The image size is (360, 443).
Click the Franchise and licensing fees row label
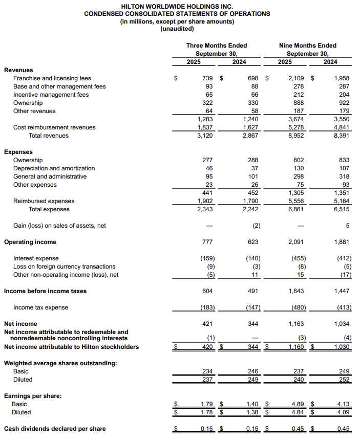pos(52,78)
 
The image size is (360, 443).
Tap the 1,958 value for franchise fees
pos(342,78)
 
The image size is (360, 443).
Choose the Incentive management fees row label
pos(51,95)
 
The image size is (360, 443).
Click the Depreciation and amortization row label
pos(54,168)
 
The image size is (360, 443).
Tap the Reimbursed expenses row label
pos(44,201)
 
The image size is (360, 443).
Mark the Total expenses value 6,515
pos(342,209)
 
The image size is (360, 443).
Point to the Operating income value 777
pos(208,242)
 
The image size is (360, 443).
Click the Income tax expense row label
pos(40,307)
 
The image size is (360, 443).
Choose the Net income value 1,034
pos(342,324)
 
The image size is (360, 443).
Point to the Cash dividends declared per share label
pos(55,429)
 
